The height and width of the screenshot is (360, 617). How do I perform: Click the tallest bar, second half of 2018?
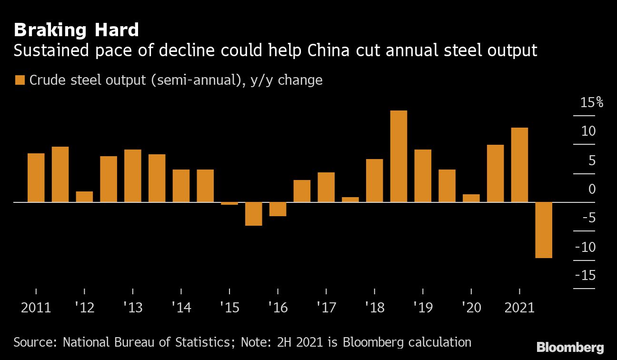[x=398, y=156]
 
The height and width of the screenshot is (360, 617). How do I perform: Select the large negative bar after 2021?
[x=544, y=230]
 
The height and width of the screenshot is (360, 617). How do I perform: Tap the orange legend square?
[x=20, y=80]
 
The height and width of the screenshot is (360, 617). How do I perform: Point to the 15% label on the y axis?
[x=591, y=102]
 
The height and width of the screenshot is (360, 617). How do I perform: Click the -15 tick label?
[x=585, y=276]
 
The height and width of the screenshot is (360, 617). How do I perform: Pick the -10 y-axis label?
[x=585, y=247]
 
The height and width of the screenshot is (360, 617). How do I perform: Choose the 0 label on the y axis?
[x=592, y=189]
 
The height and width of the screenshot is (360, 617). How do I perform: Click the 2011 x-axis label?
[x=36, y=308]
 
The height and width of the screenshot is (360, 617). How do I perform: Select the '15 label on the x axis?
[x=229, y=308]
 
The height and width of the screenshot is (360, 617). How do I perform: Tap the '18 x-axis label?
[x=374, y=308]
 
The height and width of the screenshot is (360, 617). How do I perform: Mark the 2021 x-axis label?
[x=519, y=308]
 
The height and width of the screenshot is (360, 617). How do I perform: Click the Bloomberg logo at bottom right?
[x=570, y=348]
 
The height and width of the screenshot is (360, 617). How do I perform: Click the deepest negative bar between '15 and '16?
[x=254, y=214]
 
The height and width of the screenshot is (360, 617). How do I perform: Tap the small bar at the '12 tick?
[x=84, y=197]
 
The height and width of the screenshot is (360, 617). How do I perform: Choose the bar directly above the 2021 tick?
[x=519, y=165]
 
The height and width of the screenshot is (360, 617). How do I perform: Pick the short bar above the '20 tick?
[x=471, y=198]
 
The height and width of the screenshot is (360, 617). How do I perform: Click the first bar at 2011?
[x=36, y=178]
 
